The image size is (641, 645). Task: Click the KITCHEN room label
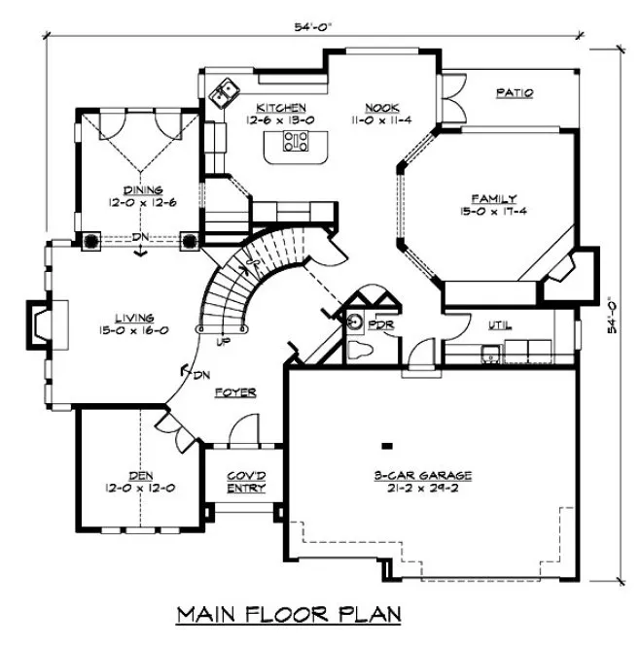click(280, 107)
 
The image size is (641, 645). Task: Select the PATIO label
click(515, 93)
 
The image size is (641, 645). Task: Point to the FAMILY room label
click(494, 197)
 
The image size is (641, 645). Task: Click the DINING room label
click(142, 190)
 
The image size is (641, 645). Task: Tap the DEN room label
click(142, 475)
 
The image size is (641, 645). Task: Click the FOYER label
click(236, 392)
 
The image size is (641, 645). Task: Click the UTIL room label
click(500, 325)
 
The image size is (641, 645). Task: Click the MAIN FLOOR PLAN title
click(288, 615)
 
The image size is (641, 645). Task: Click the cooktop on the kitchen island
click(295, 144)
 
